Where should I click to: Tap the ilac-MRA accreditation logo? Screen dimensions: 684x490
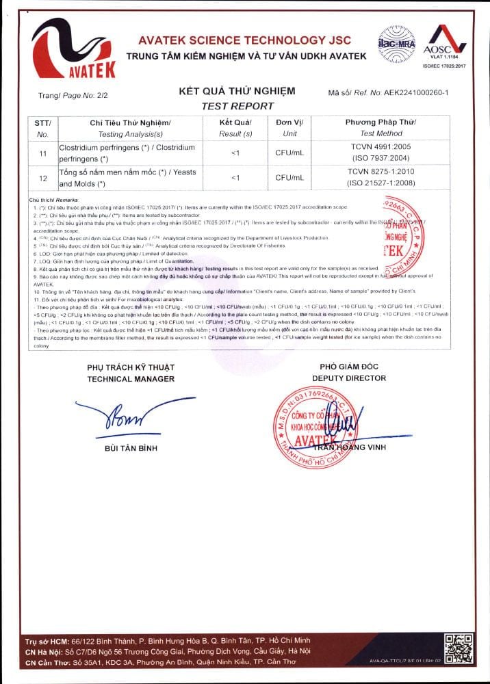[x=397, y=42]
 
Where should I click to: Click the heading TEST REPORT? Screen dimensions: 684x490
[x=237, y=106]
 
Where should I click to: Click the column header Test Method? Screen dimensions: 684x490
[x=381, y=133]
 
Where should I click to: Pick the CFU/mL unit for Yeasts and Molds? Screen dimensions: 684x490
[x=289, y=178]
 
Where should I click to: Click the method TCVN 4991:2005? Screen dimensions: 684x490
[x=381, y=147]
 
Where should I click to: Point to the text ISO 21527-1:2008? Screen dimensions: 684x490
[x=381, y=183]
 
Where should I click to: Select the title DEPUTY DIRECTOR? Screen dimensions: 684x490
[x=349, y=378]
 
